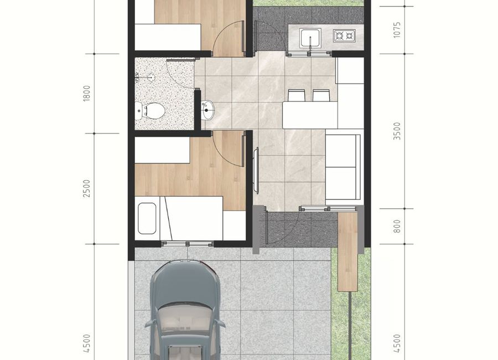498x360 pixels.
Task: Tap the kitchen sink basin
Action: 310,38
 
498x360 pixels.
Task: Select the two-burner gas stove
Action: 344,35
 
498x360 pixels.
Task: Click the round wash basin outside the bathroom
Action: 207,110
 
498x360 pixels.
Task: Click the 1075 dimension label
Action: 397,30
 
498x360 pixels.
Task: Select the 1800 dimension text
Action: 87,94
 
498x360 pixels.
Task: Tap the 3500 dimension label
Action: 397,131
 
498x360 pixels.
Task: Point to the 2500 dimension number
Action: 87,188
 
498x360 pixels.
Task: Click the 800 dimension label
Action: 397,227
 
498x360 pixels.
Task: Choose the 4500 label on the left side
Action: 87,343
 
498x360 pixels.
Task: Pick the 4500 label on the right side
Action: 397,343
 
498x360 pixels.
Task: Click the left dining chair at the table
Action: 297,95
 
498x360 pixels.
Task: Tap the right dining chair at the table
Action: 321,95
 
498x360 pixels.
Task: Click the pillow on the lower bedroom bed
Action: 147,218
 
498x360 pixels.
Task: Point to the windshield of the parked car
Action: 185,321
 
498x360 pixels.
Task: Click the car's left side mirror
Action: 149,323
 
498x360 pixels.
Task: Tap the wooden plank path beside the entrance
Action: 348,251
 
